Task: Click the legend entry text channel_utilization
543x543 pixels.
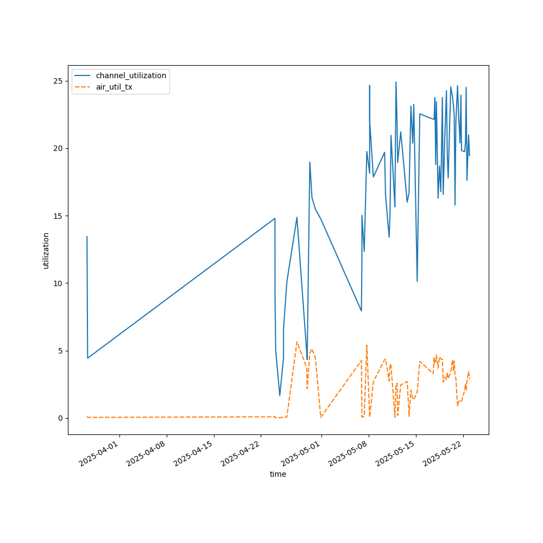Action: coord(131,75)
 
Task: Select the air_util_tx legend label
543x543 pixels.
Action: coord(114,87)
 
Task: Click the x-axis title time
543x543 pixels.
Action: coord(278,474)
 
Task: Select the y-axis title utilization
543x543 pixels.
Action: coord(46,250)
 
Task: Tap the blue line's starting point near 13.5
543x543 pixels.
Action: coord(87,237)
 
